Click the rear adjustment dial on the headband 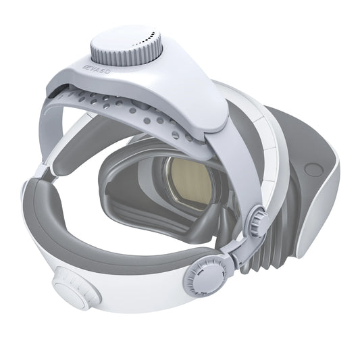click(x=72, y=292)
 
